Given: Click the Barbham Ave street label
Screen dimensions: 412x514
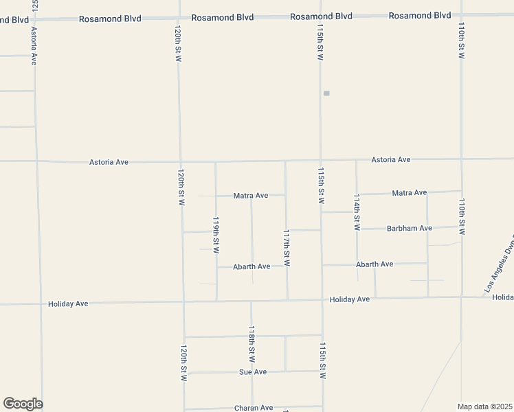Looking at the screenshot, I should pyautogui.click(x=409, y=228).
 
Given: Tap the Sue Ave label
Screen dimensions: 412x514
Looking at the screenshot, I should pyautogui.click(x=252, y=372).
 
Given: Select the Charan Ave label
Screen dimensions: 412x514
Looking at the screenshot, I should pyautogui.click(x=254, y=408).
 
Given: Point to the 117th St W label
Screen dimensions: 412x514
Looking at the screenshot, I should pyautogui.click(x=287, y=249).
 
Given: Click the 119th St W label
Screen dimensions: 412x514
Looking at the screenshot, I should pyautogui.click(x=216, y=236).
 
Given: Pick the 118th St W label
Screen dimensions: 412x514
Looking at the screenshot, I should pyautogui.click(x=252, y=344).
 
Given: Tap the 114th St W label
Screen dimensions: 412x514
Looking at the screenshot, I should pyautogui.click(x=357, y=212).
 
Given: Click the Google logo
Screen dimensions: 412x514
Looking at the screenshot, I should pyautogui.click(x=23, y=404).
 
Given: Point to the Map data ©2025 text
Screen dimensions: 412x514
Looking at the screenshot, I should pyautogui.click(x=484, y=407).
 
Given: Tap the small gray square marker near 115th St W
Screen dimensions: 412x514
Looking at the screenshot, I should pyautogui.click(x=326, y=93).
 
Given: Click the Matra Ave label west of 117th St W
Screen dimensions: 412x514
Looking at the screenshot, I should pyautogui.click(x=250, y=196).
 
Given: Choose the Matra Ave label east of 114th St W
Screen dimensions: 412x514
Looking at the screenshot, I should pyautogui.click(x=409, y=193).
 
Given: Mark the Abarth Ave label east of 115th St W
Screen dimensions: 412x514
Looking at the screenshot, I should pyautogui.click(x=374, y=264).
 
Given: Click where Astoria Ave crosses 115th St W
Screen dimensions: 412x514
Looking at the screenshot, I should pyautogui.click(x=321, y=161).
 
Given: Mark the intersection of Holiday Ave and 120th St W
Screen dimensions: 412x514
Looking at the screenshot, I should pyautogui.click(x=183, y=301).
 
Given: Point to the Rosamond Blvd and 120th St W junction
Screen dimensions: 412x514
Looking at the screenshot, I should pyautogui.click(x=179, y=16).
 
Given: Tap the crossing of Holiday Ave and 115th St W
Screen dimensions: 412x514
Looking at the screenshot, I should pyautogui.click(x=322, y=299).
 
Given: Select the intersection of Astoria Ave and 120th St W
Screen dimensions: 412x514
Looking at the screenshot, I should pyautogui.click(x=180, y=162).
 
